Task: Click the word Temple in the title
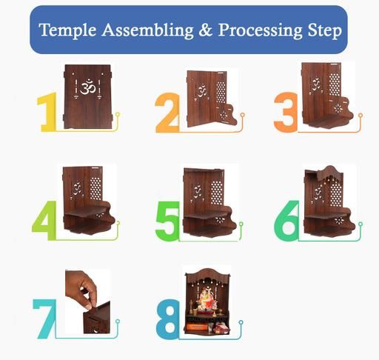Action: (67, 30)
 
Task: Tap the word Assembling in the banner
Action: (147, 30)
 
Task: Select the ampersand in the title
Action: (206, 30)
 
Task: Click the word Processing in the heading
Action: (260, 30)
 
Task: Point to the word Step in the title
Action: (325, 30)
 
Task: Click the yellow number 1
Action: (47, 112)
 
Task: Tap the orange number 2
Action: (167, 113)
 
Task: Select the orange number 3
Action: (286, 112)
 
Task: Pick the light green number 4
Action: (44, 220)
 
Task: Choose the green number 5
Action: (167, 221)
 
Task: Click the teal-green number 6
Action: (286, 221)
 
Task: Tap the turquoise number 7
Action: (44, 319)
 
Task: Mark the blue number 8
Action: (168, 319)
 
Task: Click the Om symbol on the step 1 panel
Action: (87, 87)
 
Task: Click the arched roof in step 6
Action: (330, 173)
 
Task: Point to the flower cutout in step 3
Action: (338, 108)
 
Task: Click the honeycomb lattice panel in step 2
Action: (221, 92)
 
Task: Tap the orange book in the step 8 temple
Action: (197, 327)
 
